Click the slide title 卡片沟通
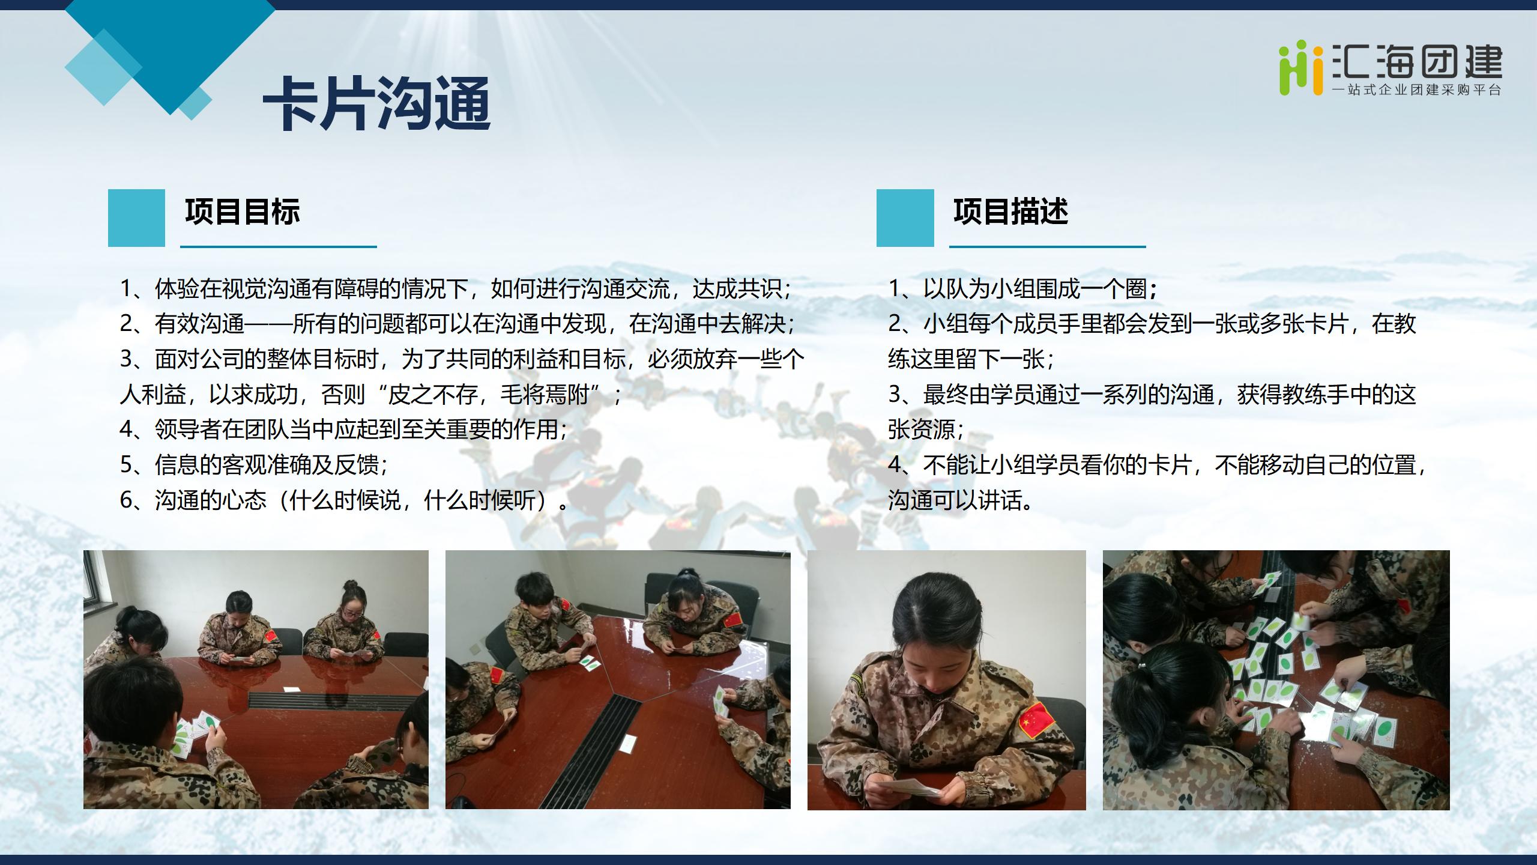click(x=377, y=104)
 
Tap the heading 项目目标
click(x=243, y=211)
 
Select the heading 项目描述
click(x=1011, y=211)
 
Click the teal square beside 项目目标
click(x=136, y=217)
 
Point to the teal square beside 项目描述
click(x=905, y=217)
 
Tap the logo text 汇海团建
click(x=1417, y=62)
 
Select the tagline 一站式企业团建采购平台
click(x=1417, y=90)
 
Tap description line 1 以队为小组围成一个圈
click(x=1023, y=289)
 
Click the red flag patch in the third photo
click(x=1037, y=720)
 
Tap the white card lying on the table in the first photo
click(x=292, y=690)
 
